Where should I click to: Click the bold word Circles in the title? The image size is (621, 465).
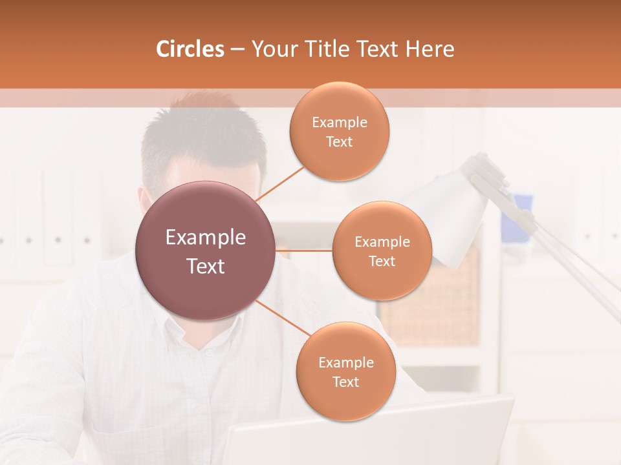[190, 49]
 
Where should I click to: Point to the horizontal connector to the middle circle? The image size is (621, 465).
[304, 251]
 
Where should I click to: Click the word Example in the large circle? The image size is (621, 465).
[206, 237]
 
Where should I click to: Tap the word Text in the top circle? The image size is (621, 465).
[339, 142]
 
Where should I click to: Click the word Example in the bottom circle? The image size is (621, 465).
[345, 362]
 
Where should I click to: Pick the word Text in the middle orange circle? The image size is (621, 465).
[382, 262]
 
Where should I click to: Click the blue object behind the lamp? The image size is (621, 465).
[517, 213]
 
